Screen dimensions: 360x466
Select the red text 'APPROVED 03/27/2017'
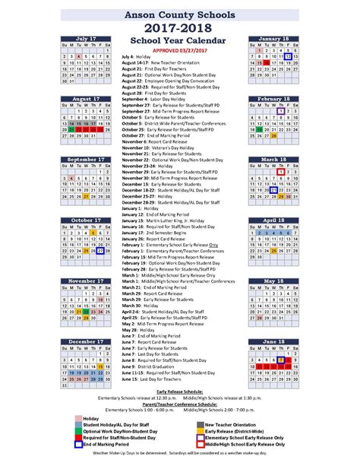click(180, 49)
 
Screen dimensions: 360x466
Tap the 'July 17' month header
click(86, 37)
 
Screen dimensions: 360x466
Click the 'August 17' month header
click(86, 98)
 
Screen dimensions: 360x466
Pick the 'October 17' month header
click(86, 220)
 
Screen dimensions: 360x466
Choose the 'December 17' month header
click(86, 342)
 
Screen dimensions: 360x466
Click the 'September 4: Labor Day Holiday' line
click(156, 100)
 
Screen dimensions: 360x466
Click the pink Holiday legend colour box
click(77, 418)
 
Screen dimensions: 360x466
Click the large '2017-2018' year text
click(179, 26)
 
